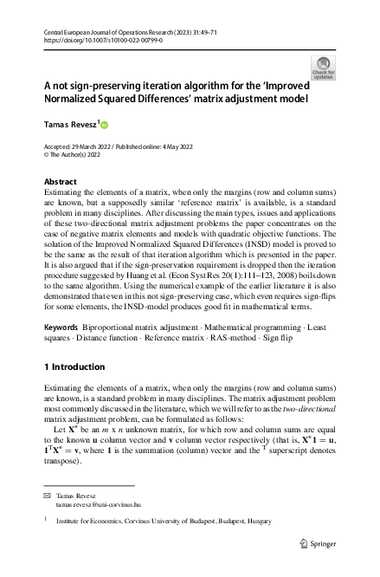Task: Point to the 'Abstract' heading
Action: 60,182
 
